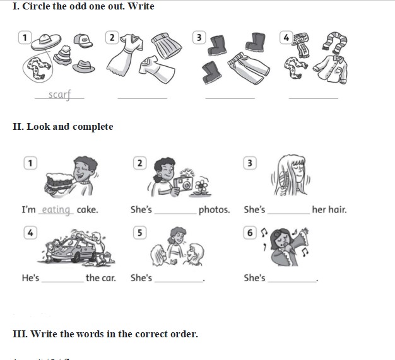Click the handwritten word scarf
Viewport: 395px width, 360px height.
[x=59, y=95]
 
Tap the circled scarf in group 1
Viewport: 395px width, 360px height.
[x=38, y=68]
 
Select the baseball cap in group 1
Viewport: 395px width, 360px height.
[x=83, y=41]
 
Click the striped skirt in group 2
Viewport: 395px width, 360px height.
[x=167, y=45]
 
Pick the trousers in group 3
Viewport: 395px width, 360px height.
[x=249, y=67]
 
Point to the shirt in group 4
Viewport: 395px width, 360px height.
[x=330, y=69]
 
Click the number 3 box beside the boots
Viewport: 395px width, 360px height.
[x=199, y=37]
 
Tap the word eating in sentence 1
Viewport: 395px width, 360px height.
[x=56, y=210]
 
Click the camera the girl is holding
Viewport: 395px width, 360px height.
[x=183, y=183]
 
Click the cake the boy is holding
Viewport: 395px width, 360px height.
[x=59, y=181]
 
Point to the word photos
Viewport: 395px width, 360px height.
[x=214, y=210]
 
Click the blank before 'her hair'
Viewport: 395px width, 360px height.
[x=289, y=214]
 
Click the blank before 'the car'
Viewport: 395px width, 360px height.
[x=62, y=282]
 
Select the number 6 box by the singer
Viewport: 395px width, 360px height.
[x=250, y=233]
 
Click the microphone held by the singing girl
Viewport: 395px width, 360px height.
[x=288, y=247]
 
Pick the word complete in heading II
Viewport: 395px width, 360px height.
[x=93, y=126]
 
